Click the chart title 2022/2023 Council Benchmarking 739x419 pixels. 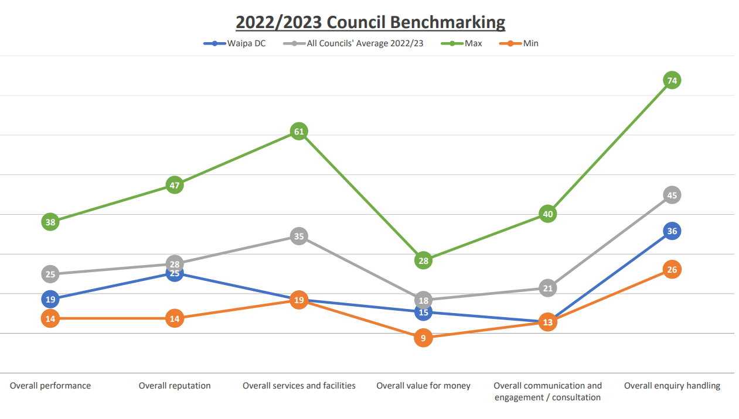point(370,22)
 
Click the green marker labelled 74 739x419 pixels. point(672,80)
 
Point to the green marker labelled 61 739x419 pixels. point(299,132)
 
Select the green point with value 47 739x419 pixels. point(175,186)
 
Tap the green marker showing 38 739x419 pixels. point(50,222)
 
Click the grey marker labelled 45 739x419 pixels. point(672,195)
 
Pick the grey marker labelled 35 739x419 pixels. point(299,236)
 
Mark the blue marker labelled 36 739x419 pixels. point(672,231)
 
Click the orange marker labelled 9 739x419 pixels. point(423,338)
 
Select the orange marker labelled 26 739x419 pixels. point(672,270)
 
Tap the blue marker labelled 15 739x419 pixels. point(423,312)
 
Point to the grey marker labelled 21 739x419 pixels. point(547,288)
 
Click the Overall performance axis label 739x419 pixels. point(50,386)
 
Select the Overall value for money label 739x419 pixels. point(423,386)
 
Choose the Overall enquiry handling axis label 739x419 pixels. point(672,386)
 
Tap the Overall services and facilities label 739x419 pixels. point(299,386)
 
